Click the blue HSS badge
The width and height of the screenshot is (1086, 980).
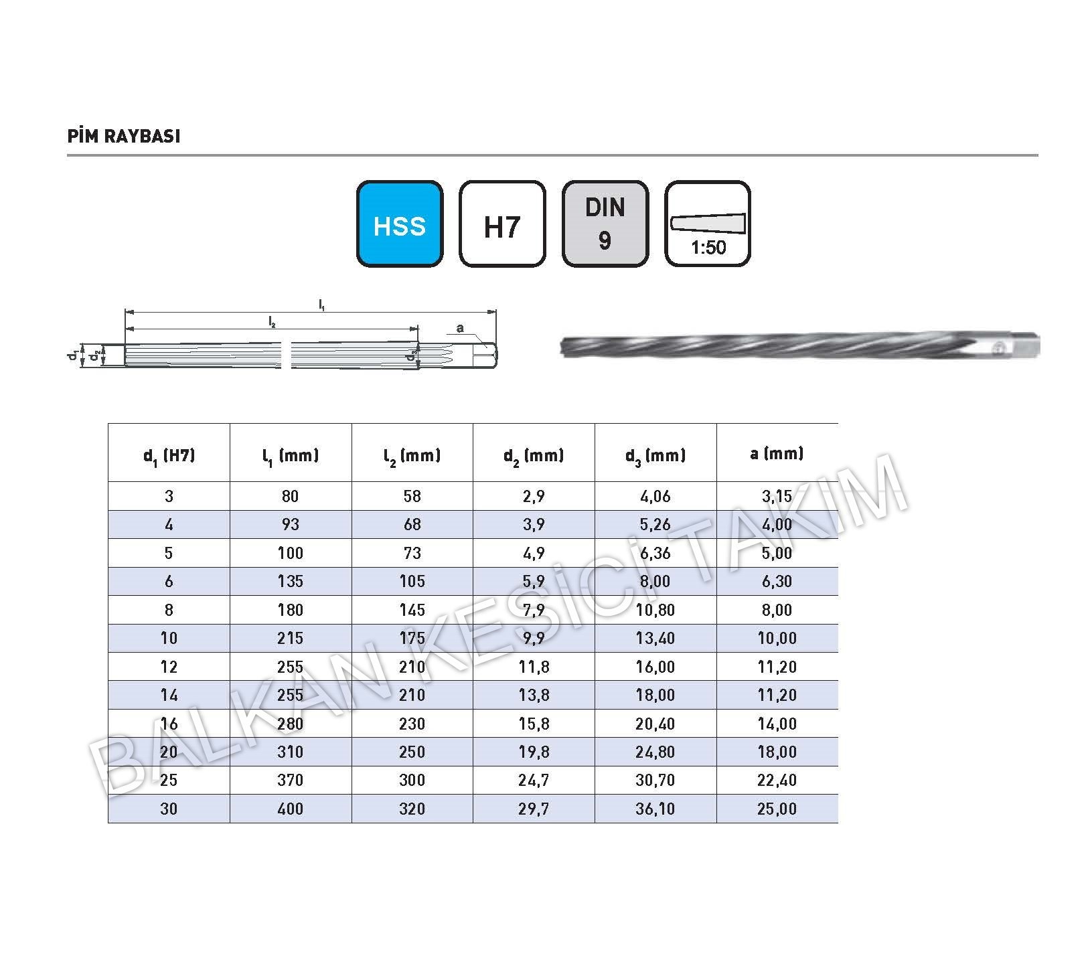pyautogui.click(x=400, y=224)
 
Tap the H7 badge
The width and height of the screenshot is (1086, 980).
pyautogui.click(x=502, y=224)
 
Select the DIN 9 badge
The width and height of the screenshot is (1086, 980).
pyautogui.click(x=605, y=224)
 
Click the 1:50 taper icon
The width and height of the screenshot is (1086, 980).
pyautogui.click(x=708, y=224)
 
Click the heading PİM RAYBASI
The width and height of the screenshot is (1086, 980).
pyautogui.click(x=124, y=136)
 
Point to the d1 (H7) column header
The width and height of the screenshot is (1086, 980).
pyautogui.click(x=169, y=457)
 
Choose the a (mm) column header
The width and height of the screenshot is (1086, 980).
pyautogui.click(x=777, y=454)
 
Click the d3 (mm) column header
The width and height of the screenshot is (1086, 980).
pyautogui.click(x=655, y=457)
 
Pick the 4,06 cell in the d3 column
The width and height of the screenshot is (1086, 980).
pyautogui.click(x=655, y=497)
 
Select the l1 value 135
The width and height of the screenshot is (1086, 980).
pyautogui.click(x=291, y=582)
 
